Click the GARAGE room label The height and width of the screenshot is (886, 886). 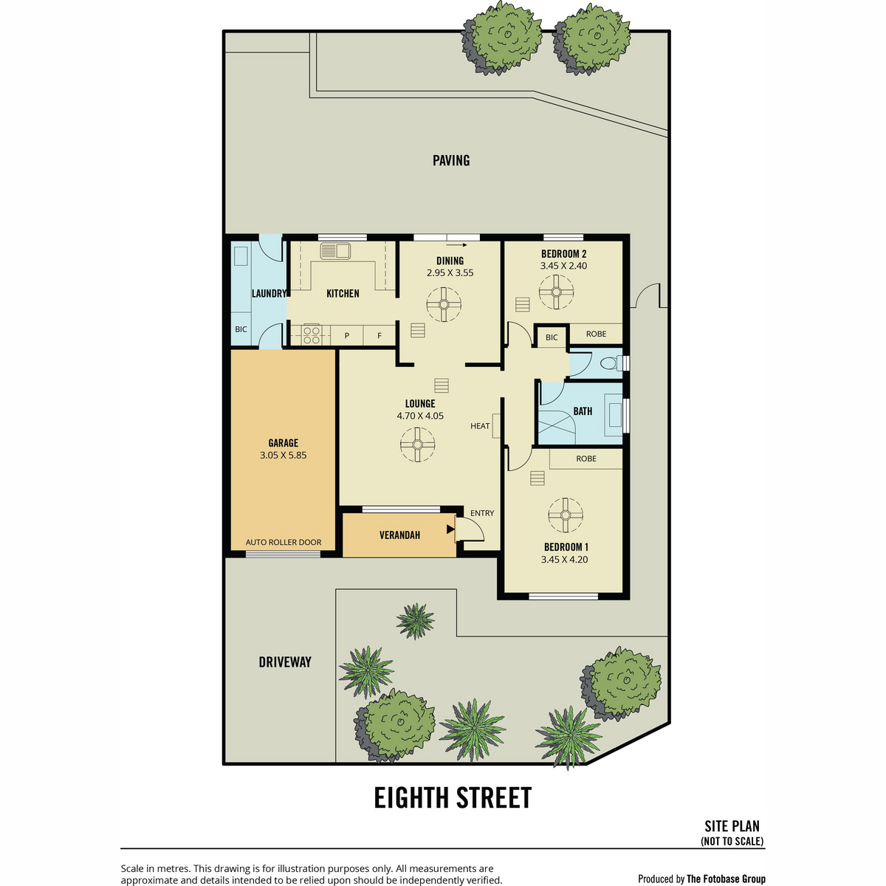[283, 443]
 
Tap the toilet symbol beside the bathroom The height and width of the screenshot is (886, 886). [610, 363]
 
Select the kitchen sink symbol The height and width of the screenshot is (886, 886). [335, 250]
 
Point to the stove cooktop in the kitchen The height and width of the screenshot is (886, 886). [312, 334]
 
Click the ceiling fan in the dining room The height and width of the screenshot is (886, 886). [444, 304]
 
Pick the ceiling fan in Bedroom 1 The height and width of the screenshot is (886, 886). [565, 515]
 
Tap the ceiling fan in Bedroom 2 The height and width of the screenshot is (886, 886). [557, 292]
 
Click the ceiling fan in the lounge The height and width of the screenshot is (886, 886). [417, 444]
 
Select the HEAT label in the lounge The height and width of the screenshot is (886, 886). [480, 426]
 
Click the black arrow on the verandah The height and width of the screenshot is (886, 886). [450, 529]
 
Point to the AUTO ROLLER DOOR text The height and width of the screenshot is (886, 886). [284, 542]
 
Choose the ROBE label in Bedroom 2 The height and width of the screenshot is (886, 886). [596, 334]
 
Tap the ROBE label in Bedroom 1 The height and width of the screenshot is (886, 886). [585, 459]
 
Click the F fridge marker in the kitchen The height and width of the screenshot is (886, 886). [380, 336]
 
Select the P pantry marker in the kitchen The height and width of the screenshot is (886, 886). [347, 336]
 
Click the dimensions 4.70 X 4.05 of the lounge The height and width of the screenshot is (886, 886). [420, 416]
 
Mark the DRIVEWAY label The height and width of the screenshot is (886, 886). [284, 662]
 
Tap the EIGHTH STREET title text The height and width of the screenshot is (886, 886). [453, 797]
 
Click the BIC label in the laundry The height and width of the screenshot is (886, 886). [241, 329]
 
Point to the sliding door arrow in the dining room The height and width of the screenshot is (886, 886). [459, 245]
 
